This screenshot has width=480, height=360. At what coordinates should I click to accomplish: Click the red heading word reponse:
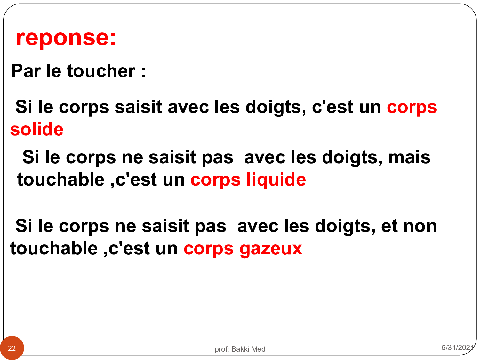(x=66, y=37)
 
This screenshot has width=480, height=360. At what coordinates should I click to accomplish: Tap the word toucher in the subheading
(x=101, y=71)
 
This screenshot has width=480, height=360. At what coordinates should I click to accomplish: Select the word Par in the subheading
(x=26, y=71)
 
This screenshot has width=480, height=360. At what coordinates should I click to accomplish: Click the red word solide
(x=37, y=129)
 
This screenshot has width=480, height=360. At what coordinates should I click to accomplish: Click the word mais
(x=409, y=157)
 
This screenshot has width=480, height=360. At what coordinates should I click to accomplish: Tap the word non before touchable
(x=420, y=226)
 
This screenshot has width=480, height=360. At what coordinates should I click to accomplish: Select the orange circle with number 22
(x=12, y=348)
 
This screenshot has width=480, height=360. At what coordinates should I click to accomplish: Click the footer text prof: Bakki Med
(x=240, y=349)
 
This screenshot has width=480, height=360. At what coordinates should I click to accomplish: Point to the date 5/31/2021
(x=458, y=347)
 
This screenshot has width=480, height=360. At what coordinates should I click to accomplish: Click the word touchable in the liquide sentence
(x=61, y=179)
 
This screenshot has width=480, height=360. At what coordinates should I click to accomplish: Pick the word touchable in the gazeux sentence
(x=54, y=248)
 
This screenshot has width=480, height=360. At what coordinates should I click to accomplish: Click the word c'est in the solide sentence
(x=332, y=107)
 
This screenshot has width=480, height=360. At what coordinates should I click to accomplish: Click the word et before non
(x=389, y=226)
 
